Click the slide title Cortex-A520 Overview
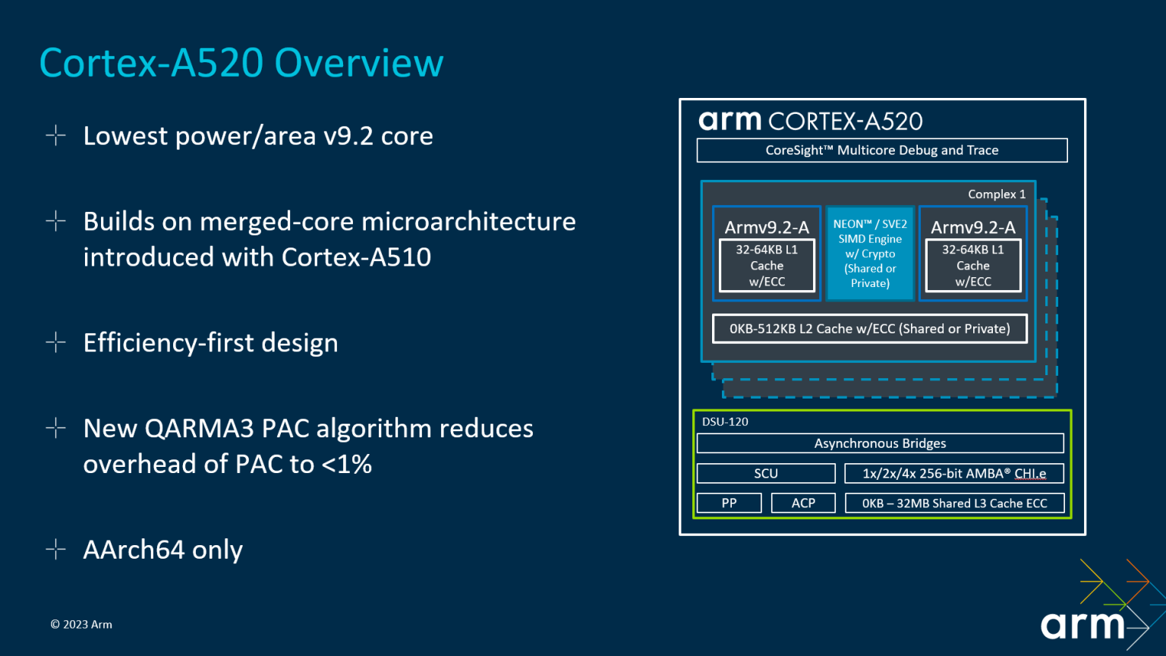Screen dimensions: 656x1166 click(x=241, y=63)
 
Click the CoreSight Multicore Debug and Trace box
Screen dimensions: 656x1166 click(x=881, y=150)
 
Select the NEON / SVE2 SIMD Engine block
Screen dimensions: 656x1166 click(x=870, y=254)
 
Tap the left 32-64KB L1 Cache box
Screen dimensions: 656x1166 click(x=767, y=266)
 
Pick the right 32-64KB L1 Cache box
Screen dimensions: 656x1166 click(x=972, y=266)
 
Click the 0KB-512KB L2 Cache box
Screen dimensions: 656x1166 click(x=869, y=329)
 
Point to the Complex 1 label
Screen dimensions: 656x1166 click(x=996, y=194)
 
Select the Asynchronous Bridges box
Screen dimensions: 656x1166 click(x=880, y=443)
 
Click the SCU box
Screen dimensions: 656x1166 click(x=765, y=474)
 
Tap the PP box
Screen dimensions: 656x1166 click(x=729, y=503)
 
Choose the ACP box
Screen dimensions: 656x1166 click(x=802, y=503)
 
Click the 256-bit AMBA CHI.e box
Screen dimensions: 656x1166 click(x=953, y=474)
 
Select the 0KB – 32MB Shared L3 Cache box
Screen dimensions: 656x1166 click(x=953, y=503)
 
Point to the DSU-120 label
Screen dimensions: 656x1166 click(x=725, y=422)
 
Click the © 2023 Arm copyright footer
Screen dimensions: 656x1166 click(x=81, y=625)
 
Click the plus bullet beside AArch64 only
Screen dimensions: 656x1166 click(x=55, y=549)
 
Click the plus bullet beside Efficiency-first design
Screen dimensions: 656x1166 click(x=55, y=342)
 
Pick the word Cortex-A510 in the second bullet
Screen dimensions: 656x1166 click(x=356, y=257)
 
